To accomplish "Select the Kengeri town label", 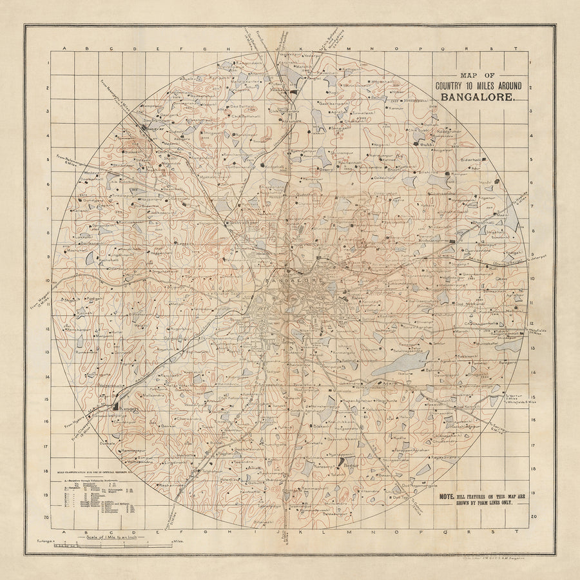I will click(x=126, y=407).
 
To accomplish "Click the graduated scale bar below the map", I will click(x=68, y=545).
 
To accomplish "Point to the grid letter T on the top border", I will click(x=516, y=49).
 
